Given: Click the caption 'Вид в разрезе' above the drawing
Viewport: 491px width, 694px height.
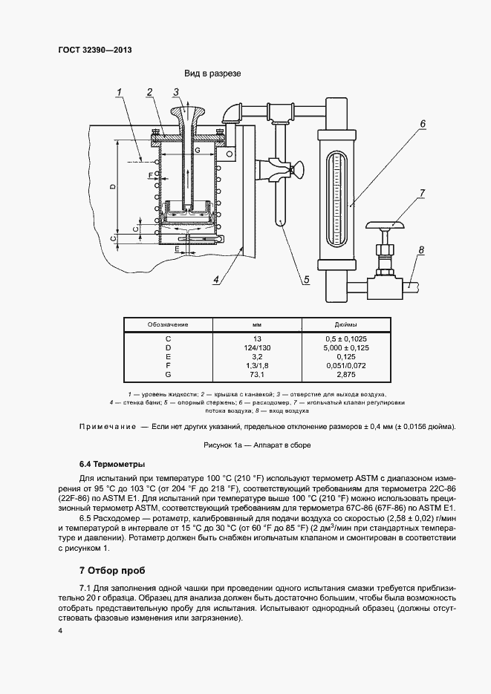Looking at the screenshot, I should point(212,74).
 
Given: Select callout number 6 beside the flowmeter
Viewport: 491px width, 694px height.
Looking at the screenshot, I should point(421,123).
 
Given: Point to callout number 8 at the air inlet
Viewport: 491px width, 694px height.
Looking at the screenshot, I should point(421,250).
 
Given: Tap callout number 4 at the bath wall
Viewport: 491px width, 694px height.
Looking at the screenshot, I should point(216,280).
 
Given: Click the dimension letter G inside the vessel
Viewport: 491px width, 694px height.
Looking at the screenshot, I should point(197,151).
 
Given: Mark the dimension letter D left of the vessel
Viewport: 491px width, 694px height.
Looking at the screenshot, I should point(112,187).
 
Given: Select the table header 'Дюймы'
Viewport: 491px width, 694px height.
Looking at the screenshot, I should point(345,324).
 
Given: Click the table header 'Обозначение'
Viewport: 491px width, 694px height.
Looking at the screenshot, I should point(168,324).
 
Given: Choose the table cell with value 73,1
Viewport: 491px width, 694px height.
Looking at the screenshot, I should point(257,374).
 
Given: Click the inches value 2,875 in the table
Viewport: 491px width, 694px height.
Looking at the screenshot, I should point(345,374).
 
